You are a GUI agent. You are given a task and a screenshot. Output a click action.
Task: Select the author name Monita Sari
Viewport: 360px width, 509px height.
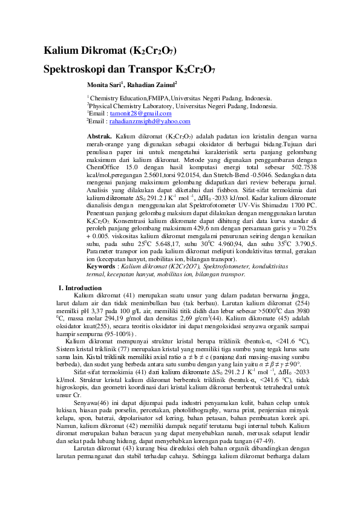coord(105,84)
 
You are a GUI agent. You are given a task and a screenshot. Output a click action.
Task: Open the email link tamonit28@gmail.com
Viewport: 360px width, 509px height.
coord(140,113)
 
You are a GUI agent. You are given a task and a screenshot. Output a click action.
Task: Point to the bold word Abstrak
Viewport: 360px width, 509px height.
coord(100,137)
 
